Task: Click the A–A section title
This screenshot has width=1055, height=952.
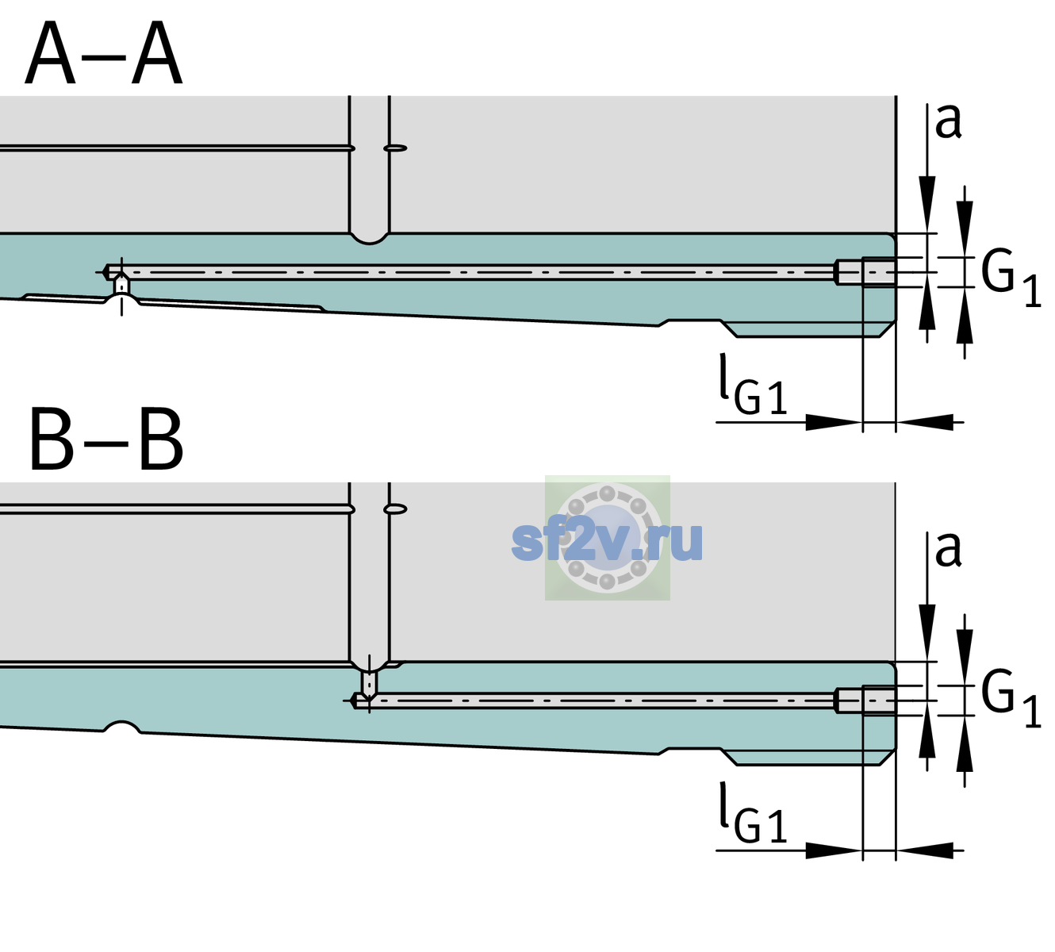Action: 104,53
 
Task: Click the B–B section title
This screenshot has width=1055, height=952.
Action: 107,440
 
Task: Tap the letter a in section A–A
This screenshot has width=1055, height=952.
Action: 948,122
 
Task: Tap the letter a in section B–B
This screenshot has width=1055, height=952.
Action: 948,550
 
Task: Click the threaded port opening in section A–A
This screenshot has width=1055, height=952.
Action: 866,272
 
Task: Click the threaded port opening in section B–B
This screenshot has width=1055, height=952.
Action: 866,701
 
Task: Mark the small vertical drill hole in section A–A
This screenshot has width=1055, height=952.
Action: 121,286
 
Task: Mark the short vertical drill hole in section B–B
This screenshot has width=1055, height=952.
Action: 370,684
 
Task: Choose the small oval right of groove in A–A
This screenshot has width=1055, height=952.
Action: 396,148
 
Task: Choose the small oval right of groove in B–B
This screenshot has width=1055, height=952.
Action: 396,509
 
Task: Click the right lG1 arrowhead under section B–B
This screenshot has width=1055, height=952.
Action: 925,850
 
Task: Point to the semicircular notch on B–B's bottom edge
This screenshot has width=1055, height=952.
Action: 121,727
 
